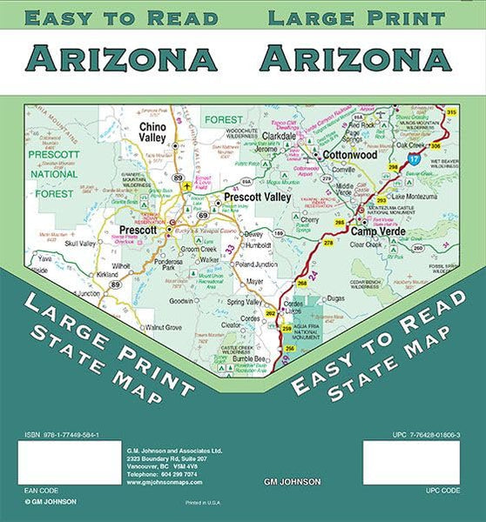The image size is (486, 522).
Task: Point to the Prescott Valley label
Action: point(257,198)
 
